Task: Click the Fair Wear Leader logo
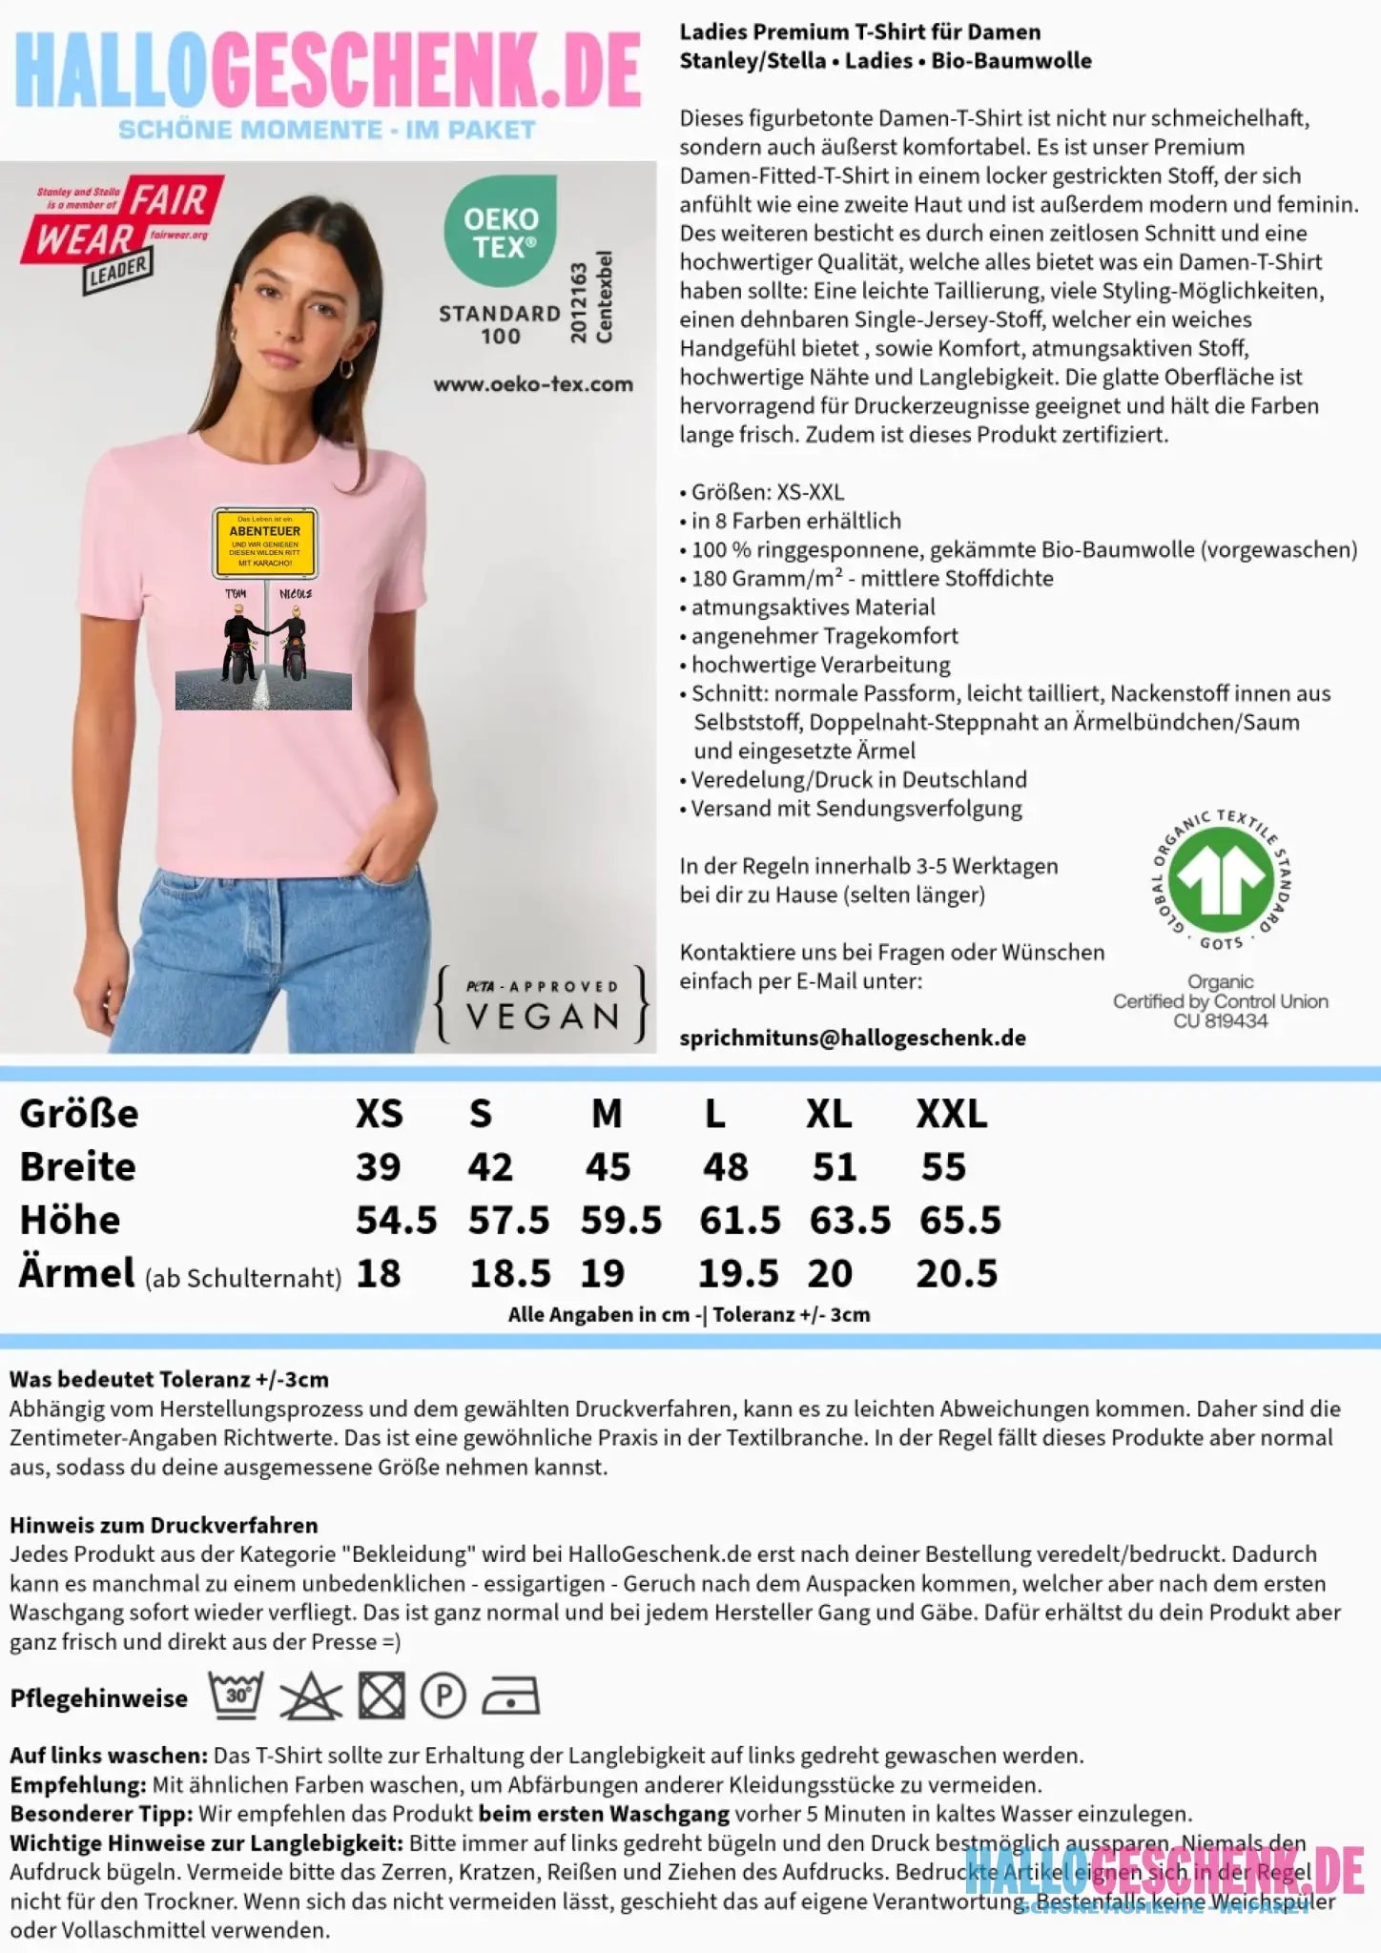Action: point(122,232)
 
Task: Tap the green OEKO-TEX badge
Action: point(501,231)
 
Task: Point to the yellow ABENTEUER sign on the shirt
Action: point(264,543)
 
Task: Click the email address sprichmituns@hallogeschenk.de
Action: point(853,1038)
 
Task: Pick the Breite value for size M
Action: point(608,1166)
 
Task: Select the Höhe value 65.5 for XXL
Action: point(959,1220)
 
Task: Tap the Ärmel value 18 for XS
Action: point(379,1273)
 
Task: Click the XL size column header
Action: point(829,1113)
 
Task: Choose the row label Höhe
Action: point(70,1220)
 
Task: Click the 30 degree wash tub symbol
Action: point(237,1696)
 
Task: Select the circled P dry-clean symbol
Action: point(443,1696)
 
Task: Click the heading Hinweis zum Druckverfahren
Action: point(163,1525)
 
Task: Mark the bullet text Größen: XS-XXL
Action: point(767,492)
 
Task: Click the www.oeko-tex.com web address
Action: point(533,384)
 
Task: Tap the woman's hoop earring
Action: point(346,368)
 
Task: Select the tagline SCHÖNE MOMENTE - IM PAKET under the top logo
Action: point(326,130)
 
